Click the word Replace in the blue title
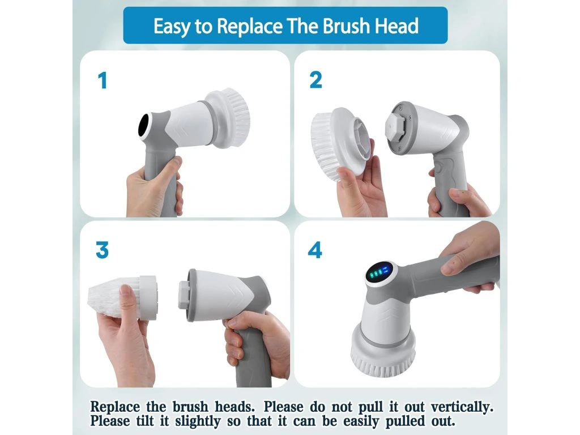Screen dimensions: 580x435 250,26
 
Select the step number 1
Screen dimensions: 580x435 103,80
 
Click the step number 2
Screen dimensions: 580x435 315,80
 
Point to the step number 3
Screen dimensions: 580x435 102,250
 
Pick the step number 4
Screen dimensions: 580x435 315,250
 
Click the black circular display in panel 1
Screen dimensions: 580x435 143,125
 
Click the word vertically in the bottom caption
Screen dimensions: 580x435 462,407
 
